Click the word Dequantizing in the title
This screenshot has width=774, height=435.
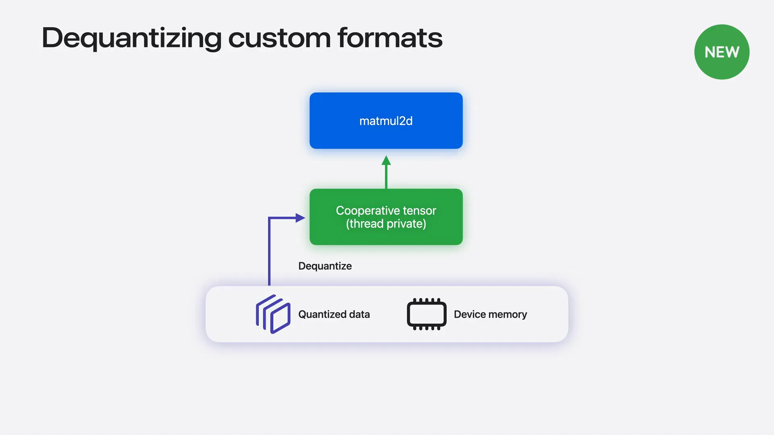tap(132, 39)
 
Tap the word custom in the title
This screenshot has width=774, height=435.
tap(279, 38)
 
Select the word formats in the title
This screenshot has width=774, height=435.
tap(390, 38)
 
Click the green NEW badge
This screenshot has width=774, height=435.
tap(722, 52)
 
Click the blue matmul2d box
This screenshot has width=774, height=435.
tap(386, 120)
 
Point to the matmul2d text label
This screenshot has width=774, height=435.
tap(386, 121)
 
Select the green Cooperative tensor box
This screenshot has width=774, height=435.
tap(386, 217)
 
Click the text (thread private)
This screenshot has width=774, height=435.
tap(386, 224)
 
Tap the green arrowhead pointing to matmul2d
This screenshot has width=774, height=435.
tap(386, 160)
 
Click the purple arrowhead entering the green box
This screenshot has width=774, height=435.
tap(300, 218)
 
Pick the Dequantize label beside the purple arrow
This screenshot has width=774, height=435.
tap(325, 266)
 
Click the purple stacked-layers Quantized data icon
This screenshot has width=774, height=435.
tap(273, 314)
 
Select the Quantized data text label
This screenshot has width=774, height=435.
tap(334, 315)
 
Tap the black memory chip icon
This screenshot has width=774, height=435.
tap(427, 314)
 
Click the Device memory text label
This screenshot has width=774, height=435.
tap(490, 315)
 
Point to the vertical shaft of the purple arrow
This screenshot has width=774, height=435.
tap(269, 251)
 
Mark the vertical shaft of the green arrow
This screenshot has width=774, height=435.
tap(386, 177)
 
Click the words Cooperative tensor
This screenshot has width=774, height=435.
tap(386, 211)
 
